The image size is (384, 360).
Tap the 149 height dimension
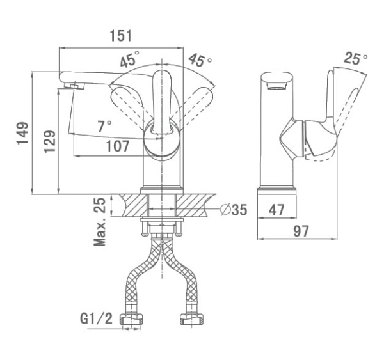tap(24, 134)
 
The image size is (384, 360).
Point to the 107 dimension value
tap(117, 146)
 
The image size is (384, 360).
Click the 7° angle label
tap(104, 126)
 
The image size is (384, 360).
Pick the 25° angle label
tap(356, 59)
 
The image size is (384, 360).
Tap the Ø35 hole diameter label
tap(233, 209)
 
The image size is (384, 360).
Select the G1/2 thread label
tap(96, 318)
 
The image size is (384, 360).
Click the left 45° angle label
tap(129, 61)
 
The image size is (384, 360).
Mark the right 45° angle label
tap(200, 61)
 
